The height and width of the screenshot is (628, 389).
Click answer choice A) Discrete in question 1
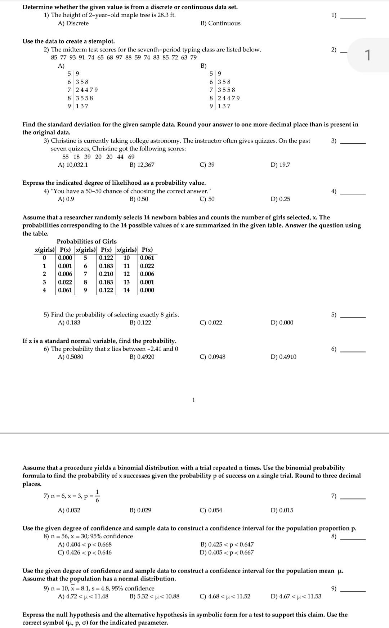73,23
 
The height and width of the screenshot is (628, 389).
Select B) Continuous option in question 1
220,23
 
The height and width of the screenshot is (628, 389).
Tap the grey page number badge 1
367,55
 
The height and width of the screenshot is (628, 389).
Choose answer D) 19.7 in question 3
280,165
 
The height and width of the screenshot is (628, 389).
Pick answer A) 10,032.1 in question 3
73,165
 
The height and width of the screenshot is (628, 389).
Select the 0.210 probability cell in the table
106,274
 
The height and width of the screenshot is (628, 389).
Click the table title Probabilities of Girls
86,242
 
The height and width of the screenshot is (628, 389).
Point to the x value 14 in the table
126,290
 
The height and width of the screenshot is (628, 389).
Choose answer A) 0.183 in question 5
69,323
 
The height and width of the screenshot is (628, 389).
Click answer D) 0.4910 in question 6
283,357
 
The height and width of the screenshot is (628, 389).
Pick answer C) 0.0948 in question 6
213,357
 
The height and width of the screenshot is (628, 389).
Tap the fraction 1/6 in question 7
97,496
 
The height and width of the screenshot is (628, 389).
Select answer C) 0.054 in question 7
211,510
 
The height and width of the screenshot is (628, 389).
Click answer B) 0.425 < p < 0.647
227,544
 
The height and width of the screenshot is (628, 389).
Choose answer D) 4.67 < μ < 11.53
296,596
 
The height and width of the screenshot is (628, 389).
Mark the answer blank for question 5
353,317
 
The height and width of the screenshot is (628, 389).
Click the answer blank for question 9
353,591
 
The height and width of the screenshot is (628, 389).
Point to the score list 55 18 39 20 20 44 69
98,157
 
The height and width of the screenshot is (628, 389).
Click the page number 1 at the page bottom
193,400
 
